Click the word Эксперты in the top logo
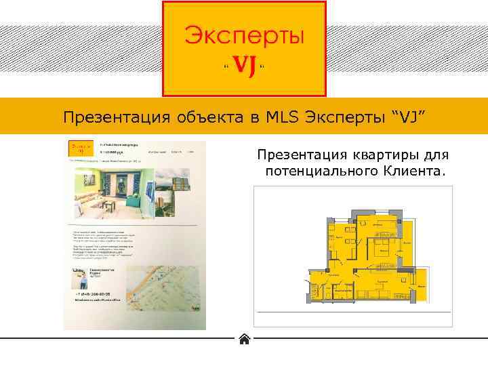245,36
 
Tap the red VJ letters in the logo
244,66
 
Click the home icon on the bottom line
245,339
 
